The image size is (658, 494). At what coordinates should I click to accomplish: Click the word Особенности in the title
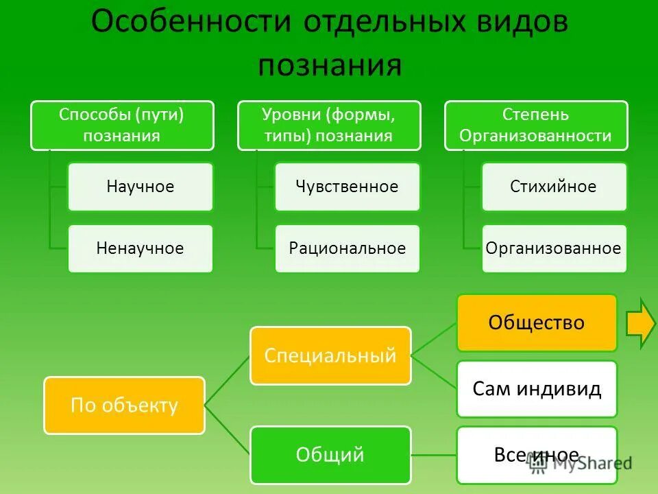coord(189,23)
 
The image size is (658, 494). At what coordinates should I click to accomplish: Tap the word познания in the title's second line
coord(329,65)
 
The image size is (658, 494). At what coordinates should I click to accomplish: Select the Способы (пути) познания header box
coord(122,125)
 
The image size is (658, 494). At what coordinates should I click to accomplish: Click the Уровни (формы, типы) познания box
coord(329,125)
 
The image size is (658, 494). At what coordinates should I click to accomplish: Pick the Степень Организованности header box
coord(536,125)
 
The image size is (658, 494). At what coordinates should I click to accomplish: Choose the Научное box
coord(141,187)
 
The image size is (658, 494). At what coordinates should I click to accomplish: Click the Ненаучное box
coord(141,248)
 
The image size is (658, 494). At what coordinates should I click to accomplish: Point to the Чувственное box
coord(348,187)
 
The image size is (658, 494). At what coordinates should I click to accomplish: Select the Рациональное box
coord(348,248)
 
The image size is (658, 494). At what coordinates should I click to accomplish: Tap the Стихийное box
coord(554,187)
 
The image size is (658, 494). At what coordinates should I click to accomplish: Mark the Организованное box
coord(554,248)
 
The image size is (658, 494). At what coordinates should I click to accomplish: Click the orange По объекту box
coord(125,405)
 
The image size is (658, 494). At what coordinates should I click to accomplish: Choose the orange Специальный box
coord(330,355)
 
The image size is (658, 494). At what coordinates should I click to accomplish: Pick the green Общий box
coord(330,454)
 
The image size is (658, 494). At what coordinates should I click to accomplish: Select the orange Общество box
coord(537,322)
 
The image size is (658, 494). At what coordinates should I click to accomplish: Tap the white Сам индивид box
coord(537,389)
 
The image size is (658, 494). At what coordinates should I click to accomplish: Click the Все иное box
coord(537,454)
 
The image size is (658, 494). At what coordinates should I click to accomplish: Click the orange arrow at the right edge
coord(642,322)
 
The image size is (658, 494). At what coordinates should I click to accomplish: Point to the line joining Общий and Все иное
coord(433,454)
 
